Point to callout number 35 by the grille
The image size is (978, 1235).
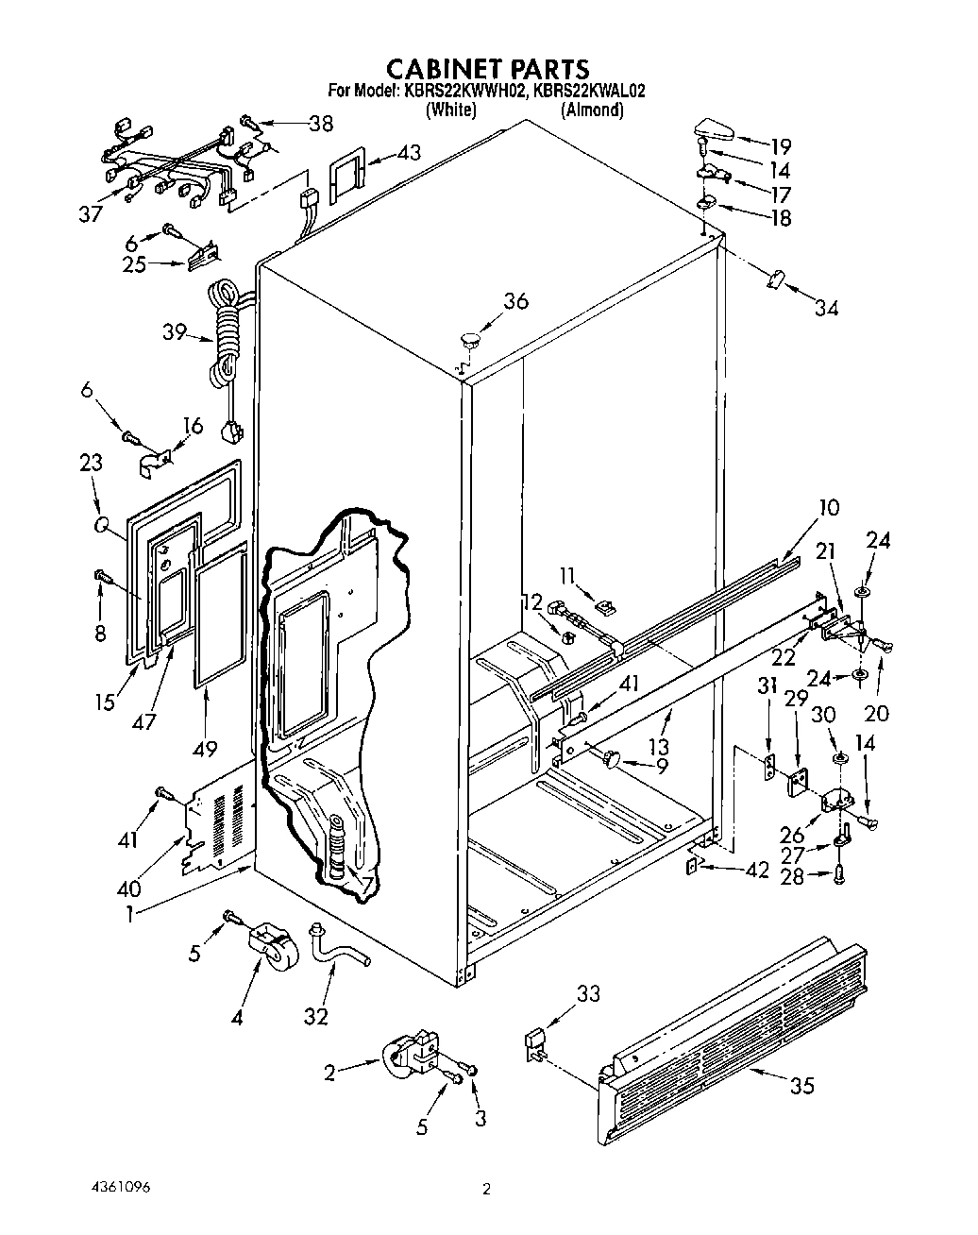pos(801,1086)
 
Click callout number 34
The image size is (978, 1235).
pos(826,307)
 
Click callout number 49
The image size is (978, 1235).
pos(204,749)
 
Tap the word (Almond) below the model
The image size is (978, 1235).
pos(592,110)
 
